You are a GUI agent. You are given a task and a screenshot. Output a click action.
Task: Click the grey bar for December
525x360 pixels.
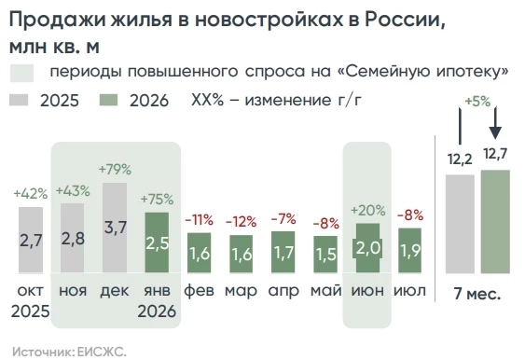[x=115, y=228]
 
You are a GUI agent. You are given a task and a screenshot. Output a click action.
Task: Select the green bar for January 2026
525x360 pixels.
[x=157, y=242]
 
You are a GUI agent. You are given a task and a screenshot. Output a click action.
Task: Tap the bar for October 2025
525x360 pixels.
[x=31, y=240]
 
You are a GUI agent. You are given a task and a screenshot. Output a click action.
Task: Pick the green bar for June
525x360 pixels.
[x=367, y=248]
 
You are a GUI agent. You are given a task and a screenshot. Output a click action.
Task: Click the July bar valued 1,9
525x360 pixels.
[x=409, y=250]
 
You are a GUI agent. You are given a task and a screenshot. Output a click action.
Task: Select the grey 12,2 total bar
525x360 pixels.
[x=460, y=224]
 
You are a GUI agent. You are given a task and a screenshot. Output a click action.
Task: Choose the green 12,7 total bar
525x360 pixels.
[x=495, y=221]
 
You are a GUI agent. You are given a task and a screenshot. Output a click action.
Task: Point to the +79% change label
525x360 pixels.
[x=115, y=170]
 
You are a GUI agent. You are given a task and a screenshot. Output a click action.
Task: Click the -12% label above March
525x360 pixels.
[x=242, y=222]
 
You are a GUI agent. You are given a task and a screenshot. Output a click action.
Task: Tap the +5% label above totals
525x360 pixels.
[x=477, y=101]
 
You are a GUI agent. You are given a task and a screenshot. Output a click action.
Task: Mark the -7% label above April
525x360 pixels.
[x=283, y=219]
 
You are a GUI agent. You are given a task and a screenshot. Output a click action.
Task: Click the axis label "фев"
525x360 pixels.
[x=199, y=290]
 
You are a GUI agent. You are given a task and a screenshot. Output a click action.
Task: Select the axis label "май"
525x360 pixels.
[x=325, y=290]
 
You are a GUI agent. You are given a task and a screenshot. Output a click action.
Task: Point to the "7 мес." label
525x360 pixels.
[x=477, y=294]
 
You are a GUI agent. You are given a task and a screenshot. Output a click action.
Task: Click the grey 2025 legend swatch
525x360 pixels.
[x=19, y=100]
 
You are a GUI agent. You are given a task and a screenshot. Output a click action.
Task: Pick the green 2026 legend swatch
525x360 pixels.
[x=108, y=100]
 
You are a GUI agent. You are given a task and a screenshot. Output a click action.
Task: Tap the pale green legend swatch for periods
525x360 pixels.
[x=21, y=73]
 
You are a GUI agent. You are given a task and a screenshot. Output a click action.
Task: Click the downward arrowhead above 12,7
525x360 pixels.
[x=495, y=133]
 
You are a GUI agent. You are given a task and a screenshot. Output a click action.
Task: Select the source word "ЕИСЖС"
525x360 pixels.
[x=102, y=352]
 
